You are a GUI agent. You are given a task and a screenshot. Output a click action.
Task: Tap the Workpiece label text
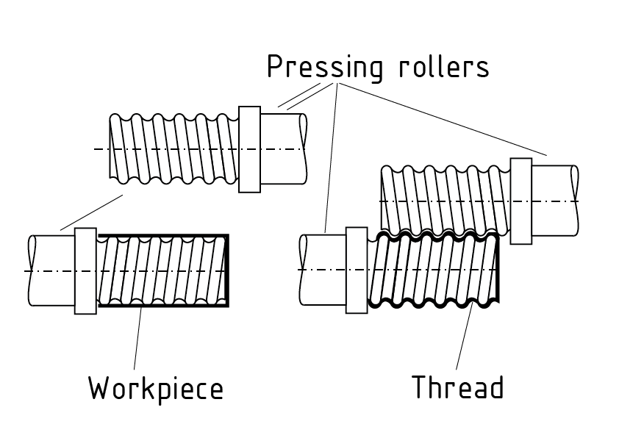coord(155,387)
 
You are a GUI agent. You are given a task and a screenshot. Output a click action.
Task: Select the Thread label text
coord(457,387)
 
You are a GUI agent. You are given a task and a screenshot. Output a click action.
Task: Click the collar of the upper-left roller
coord(250,149)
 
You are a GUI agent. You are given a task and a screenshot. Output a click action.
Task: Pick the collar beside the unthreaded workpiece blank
coord(85,271)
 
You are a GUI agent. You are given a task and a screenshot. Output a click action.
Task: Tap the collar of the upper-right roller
coord(520,201)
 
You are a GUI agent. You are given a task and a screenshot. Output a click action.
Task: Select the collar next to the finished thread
coord(356,270)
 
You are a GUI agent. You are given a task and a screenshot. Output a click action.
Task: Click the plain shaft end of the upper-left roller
coord(283,148)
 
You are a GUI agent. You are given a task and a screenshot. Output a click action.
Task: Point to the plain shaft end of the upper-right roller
coord(554,201)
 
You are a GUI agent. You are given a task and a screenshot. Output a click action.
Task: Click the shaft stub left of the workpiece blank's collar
coord(51,271)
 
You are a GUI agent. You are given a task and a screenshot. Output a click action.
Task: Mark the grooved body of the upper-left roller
coord(173,148)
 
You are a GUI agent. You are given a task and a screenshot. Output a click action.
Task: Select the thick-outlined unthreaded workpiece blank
coord(162,271)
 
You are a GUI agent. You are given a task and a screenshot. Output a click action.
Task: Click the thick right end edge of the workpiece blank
coord(227,271)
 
